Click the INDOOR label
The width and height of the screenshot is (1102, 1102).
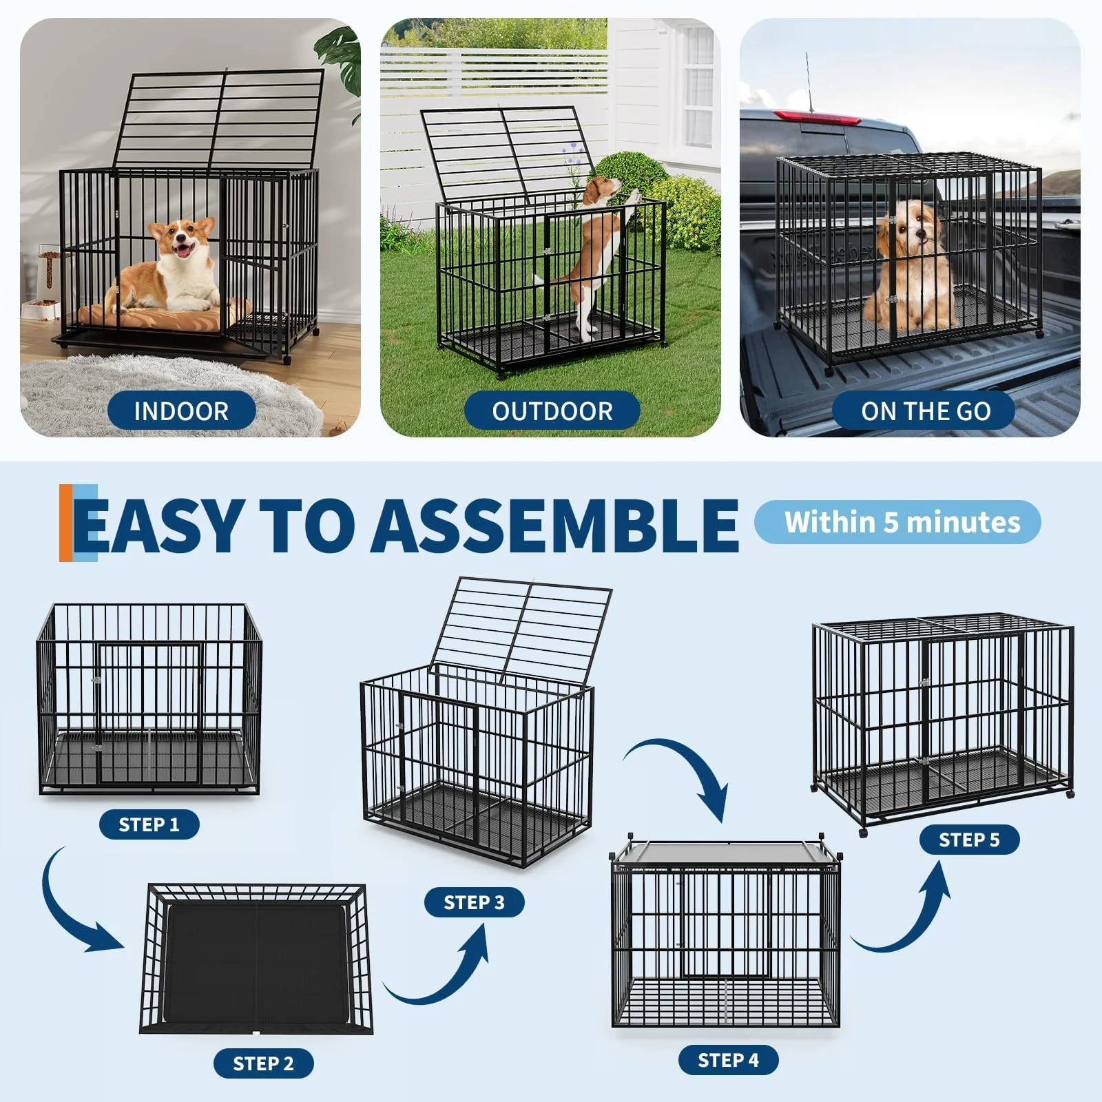(x=181, y=411)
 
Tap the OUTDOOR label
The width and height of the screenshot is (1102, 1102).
(x=552, y=411)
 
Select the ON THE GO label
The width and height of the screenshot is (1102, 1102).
(x=925, y=411)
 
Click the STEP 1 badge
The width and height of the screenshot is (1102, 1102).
(x=149, y=824)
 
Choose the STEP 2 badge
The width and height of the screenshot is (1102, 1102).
(x=263, y=1063)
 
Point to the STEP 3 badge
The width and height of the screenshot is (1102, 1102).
(x=474, y=902)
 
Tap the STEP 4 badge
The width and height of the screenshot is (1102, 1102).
(x=728, y=1060)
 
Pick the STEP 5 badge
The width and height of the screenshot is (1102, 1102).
(x=969, y=840)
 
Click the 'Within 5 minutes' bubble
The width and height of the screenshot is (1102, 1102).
(x=898, y=522)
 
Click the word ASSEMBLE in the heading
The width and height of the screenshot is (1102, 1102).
(x=554, y=525)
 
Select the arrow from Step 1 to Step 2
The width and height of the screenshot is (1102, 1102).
(x=76, y=909)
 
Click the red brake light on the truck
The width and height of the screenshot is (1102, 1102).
(x=818, y=117)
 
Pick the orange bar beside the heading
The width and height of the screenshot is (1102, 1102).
(x=65, y=523)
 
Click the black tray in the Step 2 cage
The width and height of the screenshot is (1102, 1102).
(x=256, y=964)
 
